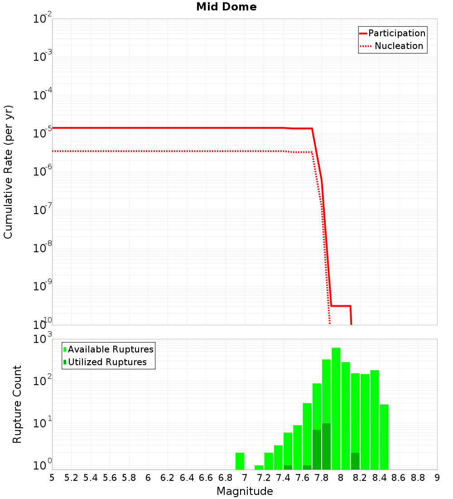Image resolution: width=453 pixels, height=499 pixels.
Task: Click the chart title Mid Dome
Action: point(226,7)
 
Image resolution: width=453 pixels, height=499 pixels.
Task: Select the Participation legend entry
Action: point(392,34)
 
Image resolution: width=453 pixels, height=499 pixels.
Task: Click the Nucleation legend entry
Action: point(392,46)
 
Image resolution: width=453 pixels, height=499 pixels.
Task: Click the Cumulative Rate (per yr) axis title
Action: point(9,171)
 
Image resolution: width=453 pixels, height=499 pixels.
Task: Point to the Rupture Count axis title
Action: point(17,404)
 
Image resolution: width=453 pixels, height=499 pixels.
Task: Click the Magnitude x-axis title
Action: point(245,491)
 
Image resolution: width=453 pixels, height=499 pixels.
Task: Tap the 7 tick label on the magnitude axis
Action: point(245,478)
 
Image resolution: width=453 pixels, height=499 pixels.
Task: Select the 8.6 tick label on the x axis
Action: point(399,478)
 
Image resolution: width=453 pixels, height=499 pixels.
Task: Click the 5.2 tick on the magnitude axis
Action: point(71,478)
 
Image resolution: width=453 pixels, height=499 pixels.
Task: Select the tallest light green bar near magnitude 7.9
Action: point(336,408)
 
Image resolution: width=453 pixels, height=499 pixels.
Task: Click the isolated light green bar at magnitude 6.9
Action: point(240,461)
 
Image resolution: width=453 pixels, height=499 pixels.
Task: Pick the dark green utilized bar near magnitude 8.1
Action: point(355,461)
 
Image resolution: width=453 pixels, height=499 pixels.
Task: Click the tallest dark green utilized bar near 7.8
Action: point(326,446)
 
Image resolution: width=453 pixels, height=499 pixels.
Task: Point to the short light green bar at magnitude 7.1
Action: point(259,467)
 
